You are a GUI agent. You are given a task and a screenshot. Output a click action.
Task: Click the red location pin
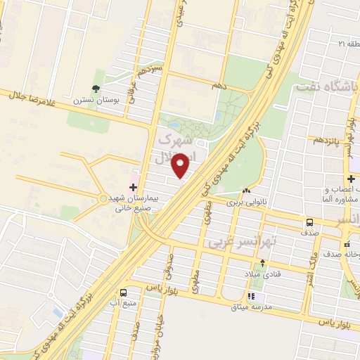[x=181, y=165]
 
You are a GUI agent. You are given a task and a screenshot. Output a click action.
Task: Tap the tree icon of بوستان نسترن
[x=96, y=89]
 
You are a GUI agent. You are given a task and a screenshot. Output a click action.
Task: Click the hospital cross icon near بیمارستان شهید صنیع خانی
[x=134, y=186]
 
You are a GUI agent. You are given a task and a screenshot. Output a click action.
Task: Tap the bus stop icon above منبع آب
[x=124, y=292]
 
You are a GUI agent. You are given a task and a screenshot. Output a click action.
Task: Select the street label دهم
[x=219, y=84]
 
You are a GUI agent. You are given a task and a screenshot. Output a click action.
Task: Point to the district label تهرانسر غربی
[x=243, y=241]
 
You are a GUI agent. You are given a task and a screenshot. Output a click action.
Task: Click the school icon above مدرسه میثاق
[x=251, y=296]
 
